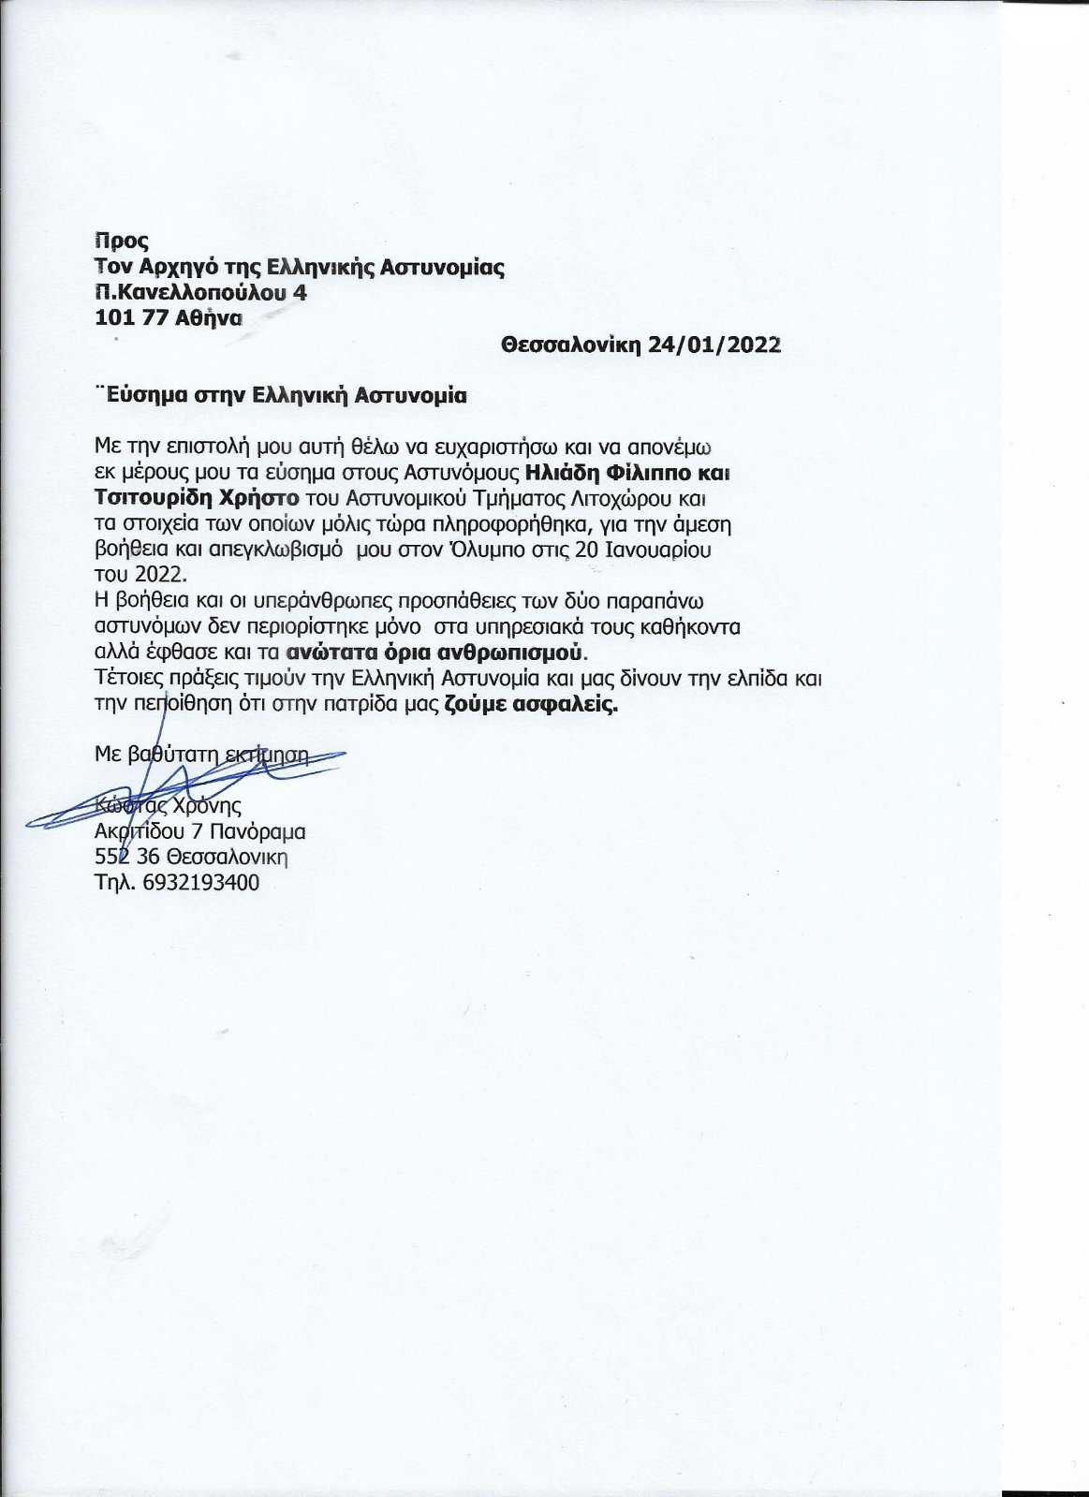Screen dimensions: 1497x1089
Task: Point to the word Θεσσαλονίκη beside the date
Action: coord(570,345)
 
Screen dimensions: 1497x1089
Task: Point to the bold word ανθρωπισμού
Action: coord(529,650)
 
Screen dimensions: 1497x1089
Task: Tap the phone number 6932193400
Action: coord(202,882)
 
